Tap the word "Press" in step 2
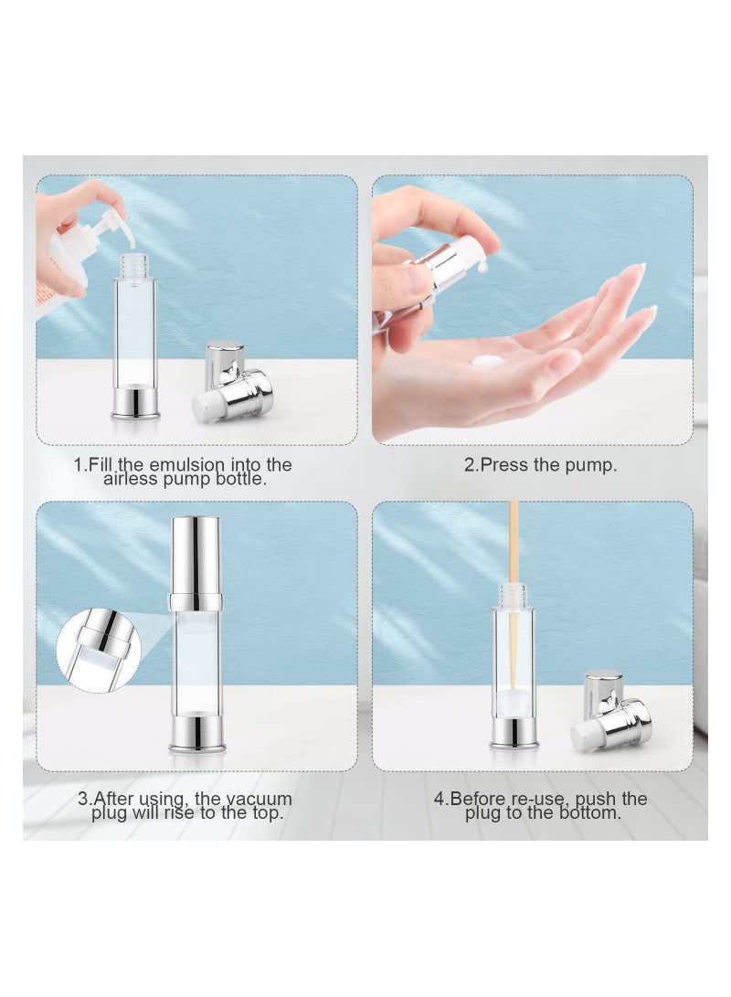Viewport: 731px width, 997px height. point(504,465)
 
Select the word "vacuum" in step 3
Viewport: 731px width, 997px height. point(260,799)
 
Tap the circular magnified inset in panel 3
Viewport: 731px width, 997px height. point(98,649)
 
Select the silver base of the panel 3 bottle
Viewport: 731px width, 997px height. point(196,735)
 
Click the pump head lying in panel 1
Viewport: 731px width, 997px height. point(233,380)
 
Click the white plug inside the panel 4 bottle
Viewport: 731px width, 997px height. point(514,701)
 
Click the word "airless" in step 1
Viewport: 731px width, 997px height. point(132,479)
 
